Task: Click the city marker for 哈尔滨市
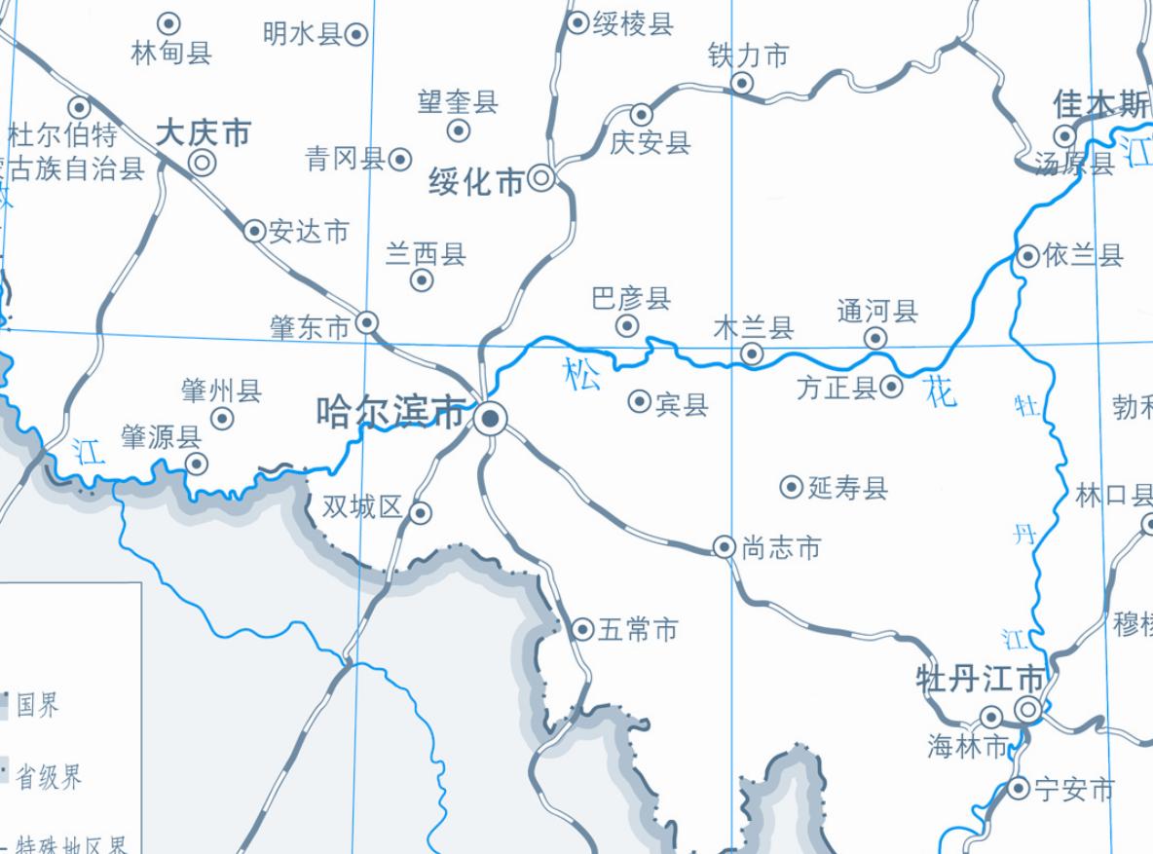[491, 419]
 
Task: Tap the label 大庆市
[204, 133]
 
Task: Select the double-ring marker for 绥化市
[540, 178]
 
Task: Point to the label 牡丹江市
[981, 679]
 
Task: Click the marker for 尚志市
[725, 547]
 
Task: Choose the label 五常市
[638, 630]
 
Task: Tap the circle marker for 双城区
[420, 512]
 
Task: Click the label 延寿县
[848, 487]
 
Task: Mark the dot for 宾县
[640, 401]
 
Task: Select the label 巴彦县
[631, 298]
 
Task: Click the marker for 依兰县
[1028, 256]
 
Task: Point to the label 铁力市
[748, 56]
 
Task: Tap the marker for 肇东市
[367, 322]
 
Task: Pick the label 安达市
[309, 232]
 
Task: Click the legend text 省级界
[49, 777]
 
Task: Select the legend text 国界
[38, 704]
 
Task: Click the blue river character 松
[582, 374]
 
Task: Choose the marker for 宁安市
[1019, 788]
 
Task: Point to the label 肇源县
[161, 437]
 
